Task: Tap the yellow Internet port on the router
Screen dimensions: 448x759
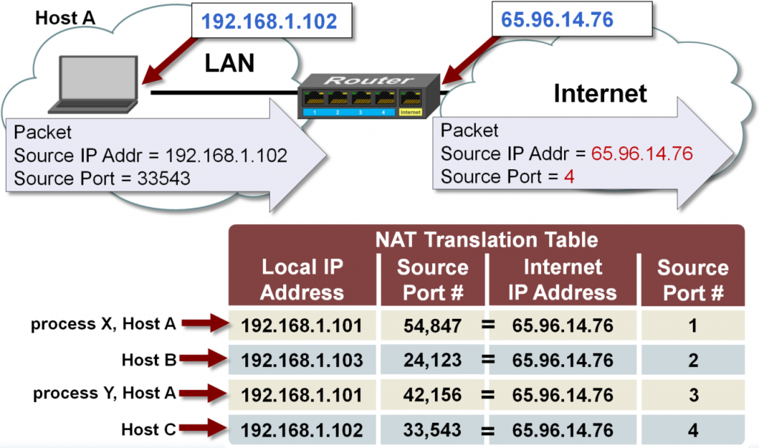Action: coord(410,100)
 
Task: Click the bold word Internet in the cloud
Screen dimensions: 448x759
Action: coord(600,93)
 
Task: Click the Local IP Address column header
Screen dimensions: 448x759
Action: coord(302,280)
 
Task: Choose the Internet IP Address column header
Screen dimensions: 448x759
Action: coord(562,280)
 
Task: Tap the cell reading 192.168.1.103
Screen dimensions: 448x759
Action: coord(302,360)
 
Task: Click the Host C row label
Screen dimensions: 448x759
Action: coord(149,429)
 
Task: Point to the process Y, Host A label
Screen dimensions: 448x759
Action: coord(104,394)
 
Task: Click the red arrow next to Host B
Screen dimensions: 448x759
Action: coord(202,360)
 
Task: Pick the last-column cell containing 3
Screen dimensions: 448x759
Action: coord(693,395)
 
